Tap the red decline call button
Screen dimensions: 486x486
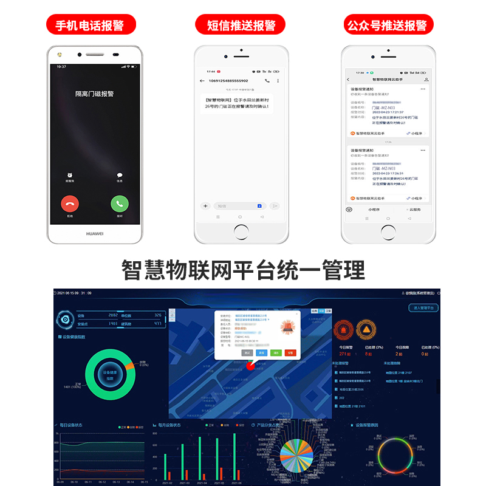[70, 204]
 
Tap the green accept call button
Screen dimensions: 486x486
[119, 204]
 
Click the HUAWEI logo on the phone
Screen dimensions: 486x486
[94, 233]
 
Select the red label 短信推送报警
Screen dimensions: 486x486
[241, 26]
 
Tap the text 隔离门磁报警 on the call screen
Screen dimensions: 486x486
[94, 94]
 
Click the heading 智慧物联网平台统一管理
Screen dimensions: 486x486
[243, 269]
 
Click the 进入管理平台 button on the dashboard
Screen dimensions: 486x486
[423, 308]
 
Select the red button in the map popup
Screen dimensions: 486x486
[290, 352]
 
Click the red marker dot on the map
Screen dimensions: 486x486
[249, 366]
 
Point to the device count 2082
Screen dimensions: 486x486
[112, 315]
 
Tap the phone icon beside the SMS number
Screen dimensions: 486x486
[267, 81]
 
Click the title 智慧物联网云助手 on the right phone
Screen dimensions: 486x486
[387, 80]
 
